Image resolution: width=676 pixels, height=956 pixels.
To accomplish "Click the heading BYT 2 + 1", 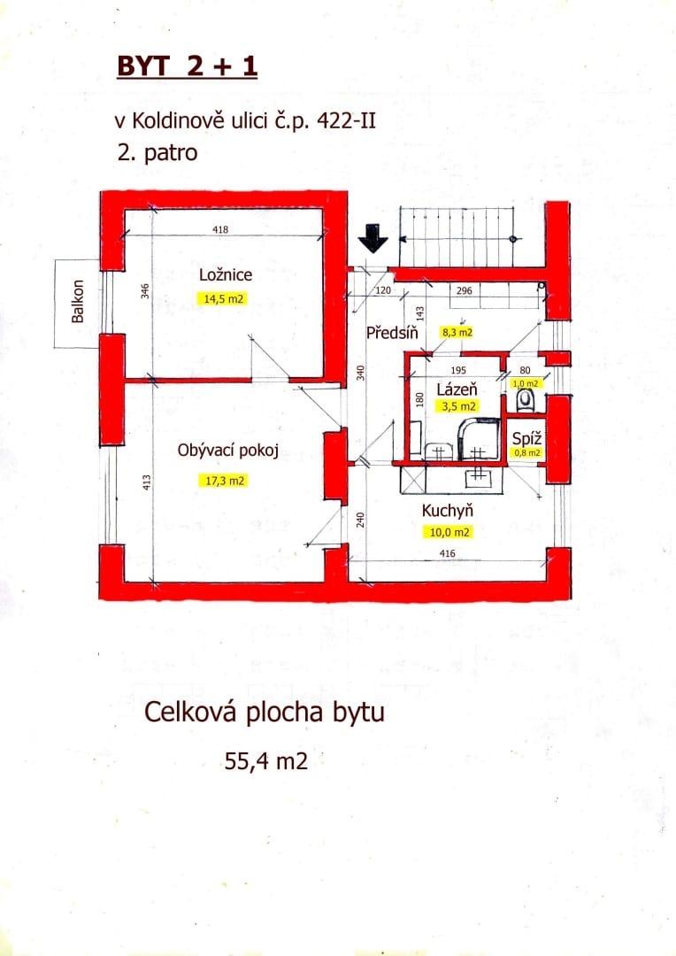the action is point(187,66).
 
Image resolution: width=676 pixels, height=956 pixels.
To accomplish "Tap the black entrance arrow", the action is point(373,238).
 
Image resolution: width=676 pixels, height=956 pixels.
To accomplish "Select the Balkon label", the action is point(77,301).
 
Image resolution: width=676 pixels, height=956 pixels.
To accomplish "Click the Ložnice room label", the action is point(226,274).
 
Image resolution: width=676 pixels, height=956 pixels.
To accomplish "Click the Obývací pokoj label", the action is point(228,451).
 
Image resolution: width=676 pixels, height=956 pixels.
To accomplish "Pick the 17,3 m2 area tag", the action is point(225,481).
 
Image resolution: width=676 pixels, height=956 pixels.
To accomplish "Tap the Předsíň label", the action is point(392,332).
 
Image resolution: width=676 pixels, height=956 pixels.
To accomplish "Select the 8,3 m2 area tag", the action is point(457,332).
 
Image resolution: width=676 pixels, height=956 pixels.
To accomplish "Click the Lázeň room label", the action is point(457,389).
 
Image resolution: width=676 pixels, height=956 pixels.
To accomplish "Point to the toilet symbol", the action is point(525,401).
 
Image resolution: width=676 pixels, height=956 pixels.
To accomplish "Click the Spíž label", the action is point(526,438).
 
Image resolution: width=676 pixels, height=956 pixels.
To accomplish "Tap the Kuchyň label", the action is point(448,511).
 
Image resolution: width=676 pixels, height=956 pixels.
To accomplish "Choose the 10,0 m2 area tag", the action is point(449,532).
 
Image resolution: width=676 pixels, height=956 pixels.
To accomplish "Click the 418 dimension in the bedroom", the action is point(220,229).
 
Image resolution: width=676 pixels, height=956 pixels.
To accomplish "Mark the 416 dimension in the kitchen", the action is point(447,553).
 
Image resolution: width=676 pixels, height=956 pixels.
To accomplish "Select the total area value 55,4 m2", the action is point(266,761).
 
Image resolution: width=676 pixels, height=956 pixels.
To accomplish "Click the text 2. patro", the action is point(157,152).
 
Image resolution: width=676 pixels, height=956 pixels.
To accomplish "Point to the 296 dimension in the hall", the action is point(465,290).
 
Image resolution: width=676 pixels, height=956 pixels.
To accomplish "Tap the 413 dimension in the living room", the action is point(146,483).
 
